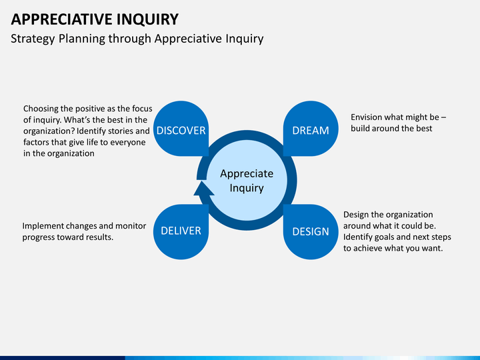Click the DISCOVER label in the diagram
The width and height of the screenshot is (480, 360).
click(x=181, y=130)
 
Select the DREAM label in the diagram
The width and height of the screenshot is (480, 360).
click(x=311, y=130)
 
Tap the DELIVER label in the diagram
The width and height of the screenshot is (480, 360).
click(x=181, y=231)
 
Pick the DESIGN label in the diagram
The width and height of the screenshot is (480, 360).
click(x=311, y=231)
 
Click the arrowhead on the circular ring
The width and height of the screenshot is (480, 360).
click(x=203, y=191)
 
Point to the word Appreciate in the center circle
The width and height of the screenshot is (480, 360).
click(x=247, y=173)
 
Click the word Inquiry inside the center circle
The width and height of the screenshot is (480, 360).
click(x=247, y=188)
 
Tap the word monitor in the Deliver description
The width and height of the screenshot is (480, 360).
click(x=131, y=225)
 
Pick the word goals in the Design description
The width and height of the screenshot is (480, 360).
click(x=391, y=237)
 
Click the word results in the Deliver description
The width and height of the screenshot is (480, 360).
click(x=97, y=237)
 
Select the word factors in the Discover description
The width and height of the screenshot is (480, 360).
click(x=38, y=142)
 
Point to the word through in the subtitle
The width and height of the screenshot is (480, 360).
click(x=131, y=39)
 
